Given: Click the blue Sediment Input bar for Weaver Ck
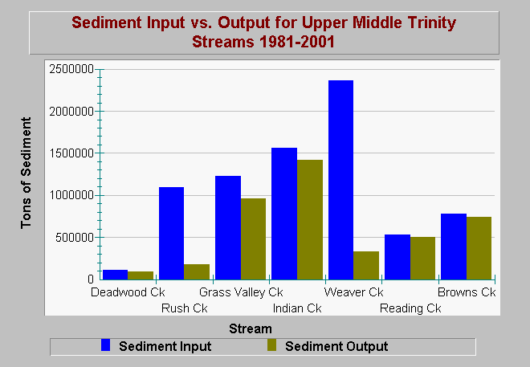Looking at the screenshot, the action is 340,180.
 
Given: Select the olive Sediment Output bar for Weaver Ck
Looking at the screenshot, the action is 366,265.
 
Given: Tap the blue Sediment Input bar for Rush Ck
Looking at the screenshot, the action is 171,233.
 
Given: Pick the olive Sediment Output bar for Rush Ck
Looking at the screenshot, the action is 197,271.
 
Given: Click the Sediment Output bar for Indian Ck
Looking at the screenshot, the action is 310,220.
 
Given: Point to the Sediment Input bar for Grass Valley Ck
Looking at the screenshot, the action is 228,228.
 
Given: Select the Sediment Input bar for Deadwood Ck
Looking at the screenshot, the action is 116,275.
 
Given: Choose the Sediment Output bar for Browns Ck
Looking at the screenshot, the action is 479,248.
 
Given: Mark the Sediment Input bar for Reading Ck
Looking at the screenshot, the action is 397,257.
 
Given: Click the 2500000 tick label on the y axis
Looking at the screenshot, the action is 71,69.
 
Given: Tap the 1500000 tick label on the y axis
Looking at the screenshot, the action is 71,153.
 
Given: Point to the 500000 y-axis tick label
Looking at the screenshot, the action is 75,238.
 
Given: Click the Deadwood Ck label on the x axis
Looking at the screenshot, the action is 128,292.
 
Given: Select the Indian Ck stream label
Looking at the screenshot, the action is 297,308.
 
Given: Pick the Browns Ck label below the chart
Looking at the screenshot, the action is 467,292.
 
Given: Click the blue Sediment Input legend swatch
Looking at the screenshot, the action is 106,345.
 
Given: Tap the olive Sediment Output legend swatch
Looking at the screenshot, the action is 271,345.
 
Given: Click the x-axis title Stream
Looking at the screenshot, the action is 251,328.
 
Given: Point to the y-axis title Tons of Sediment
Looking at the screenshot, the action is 26,173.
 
